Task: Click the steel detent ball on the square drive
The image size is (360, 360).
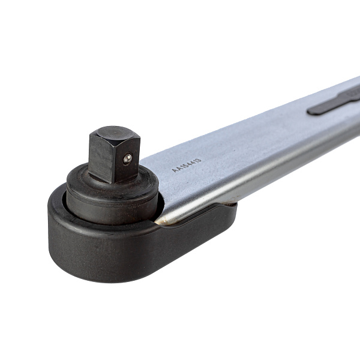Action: [x=127, y=159]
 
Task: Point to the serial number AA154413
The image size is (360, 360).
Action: [x=187, y=165]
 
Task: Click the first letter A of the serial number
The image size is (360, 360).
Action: [x=174, y=170]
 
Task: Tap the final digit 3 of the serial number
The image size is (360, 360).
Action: [x=199, y=160]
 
